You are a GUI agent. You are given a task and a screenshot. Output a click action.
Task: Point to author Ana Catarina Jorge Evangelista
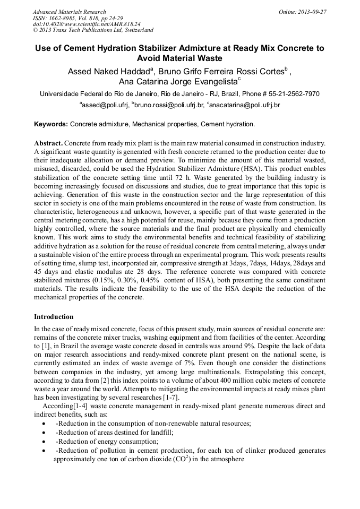pos(179,82)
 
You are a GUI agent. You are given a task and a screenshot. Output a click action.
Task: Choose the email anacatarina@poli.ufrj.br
pos(244,106)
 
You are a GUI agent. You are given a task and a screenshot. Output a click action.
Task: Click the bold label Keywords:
pos(51,124)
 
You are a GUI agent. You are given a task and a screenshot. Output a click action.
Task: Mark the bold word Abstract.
pos(49,144)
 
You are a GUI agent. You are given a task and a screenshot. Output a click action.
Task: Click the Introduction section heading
pos(54,317)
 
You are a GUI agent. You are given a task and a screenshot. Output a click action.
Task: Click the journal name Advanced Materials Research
pos(69,12)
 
